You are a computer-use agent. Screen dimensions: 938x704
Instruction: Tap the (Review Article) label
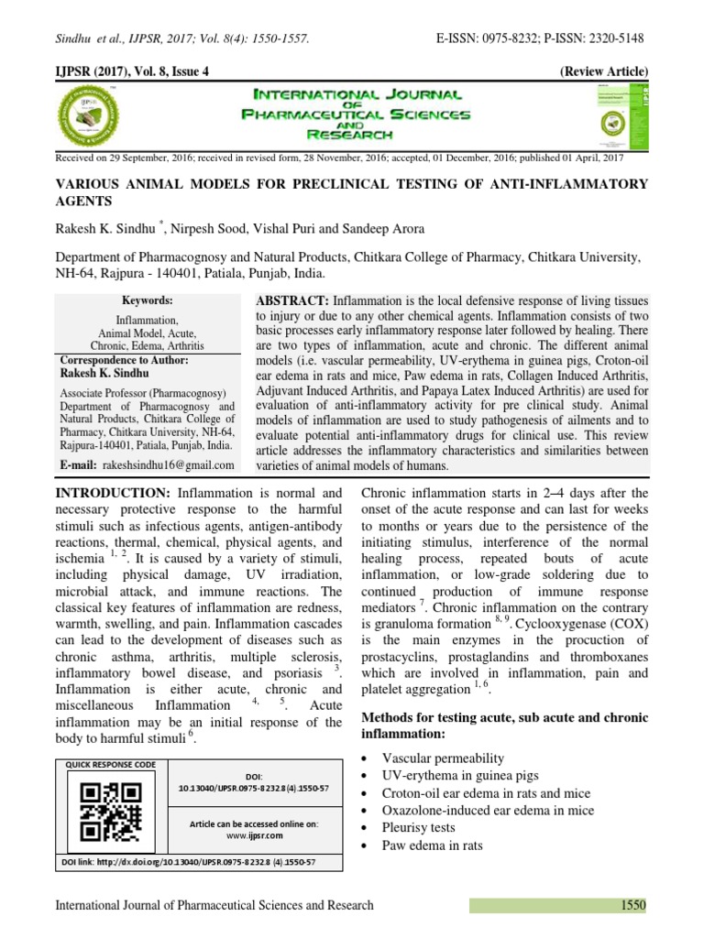603,71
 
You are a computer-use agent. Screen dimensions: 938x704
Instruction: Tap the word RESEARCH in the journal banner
355,135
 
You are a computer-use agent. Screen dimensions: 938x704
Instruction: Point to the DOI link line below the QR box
188,862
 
